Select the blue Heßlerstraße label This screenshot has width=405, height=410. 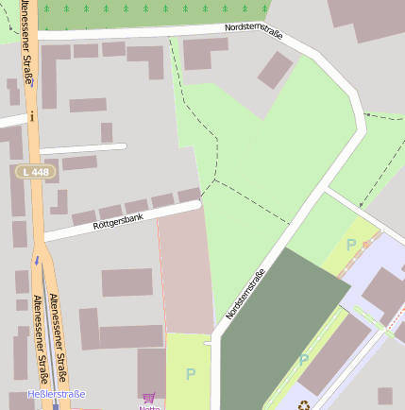(x=57, y=394)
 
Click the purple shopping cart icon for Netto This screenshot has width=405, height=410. (x=148, y=399)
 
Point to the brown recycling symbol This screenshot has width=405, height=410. (x=303, y=405)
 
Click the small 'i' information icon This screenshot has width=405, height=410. (x=32, y=115)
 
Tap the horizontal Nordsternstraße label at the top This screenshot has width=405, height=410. (x=257, y=27)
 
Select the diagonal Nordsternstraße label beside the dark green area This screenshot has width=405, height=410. (x=245, y=293)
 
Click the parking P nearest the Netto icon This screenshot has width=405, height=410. (x=190, y=374)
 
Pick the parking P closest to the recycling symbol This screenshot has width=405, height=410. (x=303, y=360)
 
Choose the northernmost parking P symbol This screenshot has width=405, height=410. (x=351, y=245)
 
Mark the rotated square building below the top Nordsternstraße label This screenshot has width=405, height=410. (x=275, y=70)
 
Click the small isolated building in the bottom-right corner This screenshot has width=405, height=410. (x=384, y=396)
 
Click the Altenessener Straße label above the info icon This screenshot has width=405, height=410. (x=25, y=43)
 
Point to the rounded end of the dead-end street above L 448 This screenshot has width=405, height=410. (x=124, y=146)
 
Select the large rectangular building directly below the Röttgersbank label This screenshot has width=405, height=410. (x=127, y=282)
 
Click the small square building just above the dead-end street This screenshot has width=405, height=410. (x=107, y=132)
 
